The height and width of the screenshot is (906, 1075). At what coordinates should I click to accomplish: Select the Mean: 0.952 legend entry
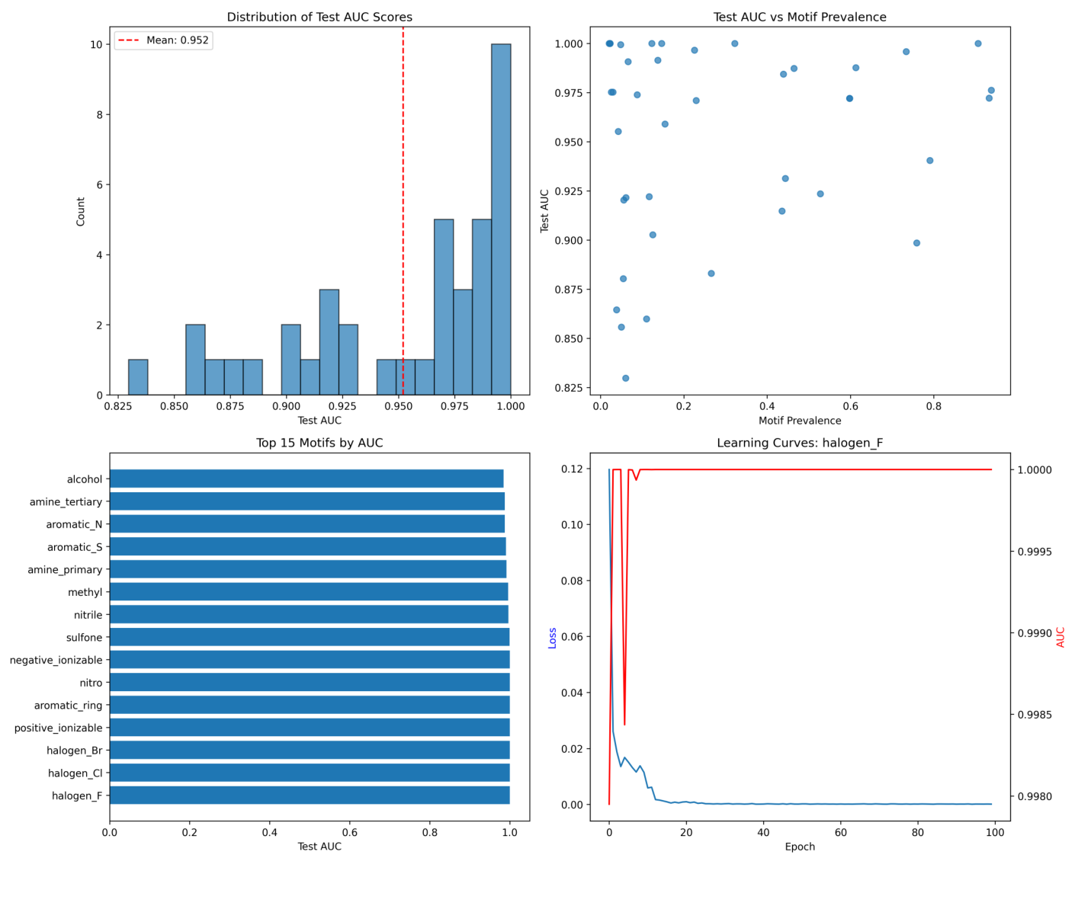pyautogui.click(x=163, y=40)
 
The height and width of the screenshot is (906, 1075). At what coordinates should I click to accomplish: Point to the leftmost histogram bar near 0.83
pyautogui.click(x=138, y=377)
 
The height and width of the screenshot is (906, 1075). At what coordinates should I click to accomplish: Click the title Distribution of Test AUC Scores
pyautogui.click(x=319, y=17)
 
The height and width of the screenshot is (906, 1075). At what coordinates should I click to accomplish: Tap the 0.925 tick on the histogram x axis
pyautogui.click(x=342, y=407)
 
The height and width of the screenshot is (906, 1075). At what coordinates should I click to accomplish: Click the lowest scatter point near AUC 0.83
pyautogui.click(x=625, y=378)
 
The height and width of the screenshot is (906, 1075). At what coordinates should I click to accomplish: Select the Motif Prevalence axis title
pyautogui.click(x=800, y=421)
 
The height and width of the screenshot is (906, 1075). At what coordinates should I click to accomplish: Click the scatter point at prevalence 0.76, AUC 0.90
pyautogui.click(x=916, y=243)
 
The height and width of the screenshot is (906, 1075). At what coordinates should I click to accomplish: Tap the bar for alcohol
pyautogui.click(x=306, y=479)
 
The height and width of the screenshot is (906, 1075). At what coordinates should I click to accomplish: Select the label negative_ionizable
pyautogui.click(x=56, y=660)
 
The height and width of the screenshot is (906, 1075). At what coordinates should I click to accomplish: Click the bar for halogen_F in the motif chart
pyautogui.click(x=310, y=796)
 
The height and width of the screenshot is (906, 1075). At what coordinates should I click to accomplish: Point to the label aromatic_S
pyautogui.click(x=74, y=547)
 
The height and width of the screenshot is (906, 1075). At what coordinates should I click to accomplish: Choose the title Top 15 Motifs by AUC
pyautogui.click(x=319, y=443)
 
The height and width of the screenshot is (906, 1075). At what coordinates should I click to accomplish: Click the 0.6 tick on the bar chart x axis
pyautogui.click(x=350, y=833)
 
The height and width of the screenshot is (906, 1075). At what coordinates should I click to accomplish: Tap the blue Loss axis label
pyautogui.click(x=552, y=638)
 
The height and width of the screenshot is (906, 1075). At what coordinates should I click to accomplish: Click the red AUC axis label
pyautogui.click(x=1061, y=637)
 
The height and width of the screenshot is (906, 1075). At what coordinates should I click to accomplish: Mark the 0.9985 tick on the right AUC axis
pyautogui.click(x=1035, y=715)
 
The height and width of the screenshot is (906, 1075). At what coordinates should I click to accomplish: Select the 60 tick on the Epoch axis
pyautogui.click(x=841, y=833)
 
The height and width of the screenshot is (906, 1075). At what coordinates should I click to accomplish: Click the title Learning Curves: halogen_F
pyautogui.click(x=800, y=443)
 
